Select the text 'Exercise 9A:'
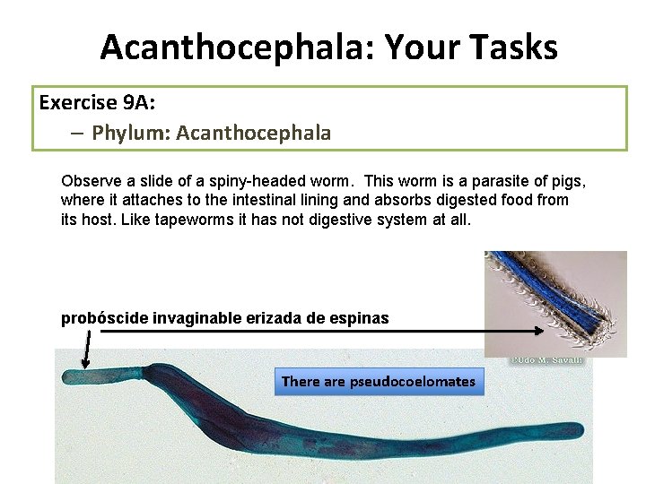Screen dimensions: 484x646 click(91, 102)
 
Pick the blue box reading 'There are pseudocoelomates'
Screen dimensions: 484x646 click(378, 381)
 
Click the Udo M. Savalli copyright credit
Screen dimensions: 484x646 click(546, 360)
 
